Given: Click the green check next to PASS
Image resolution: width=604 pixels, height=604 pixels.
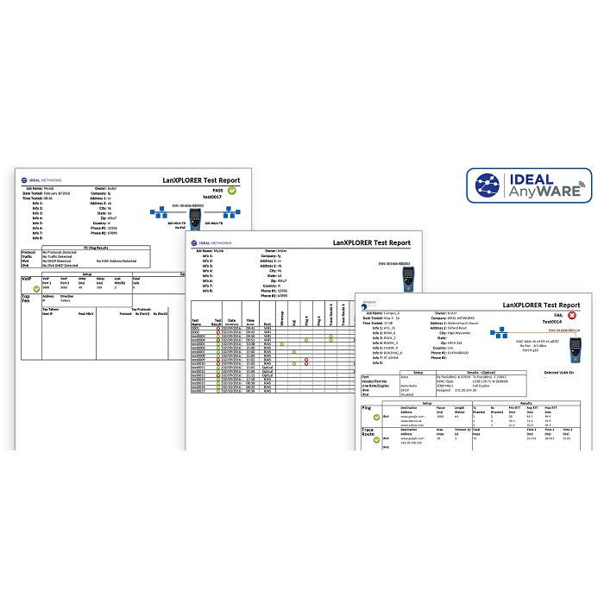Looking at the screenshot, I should (232, 190).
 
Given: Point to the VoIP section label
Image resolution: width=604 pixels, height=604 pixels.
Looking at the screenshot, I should (27, 280).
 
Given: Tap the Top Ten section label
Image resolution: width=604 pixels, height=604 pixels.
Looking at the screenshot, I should (27, 299).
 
